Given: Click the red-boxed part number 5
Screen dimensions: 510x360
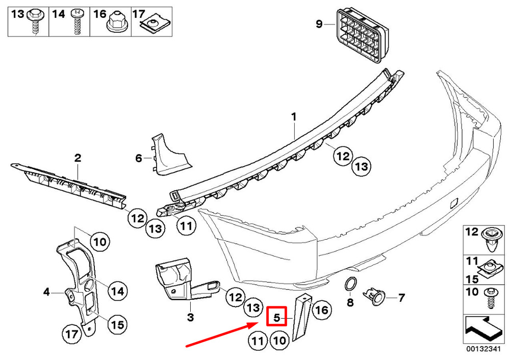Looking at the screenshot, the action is coord(276,317).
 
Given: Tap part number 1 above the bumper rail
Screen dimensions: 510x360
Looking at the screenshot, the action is coord(294,117).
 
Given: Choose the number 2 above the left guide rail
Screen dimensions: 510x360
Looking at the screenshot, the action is coord(78,158).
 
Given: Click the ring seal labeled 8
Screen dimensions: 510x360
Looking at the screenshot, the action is coord(350,284).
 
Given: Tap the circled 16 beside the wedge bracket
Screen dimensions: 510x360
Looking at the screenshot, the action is coord(322,310).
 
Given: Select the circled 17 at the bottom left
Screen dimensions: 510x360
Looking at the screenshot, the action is coord(71,334).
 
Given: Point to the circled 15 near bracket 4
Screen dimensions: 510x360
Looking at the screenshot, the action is coord(117,324).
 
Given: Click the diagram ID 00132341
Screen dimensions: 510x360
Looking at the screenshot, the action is coord(483,349).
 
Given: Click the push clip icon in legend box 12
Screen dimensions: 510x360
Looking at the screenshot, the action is coord(491,240).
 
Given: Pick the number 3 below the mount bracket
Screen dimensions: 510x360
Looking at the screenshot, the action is coord(191,317).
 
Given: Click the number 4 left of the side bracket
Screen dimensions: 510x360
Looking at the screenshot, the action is coord(46,292).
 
